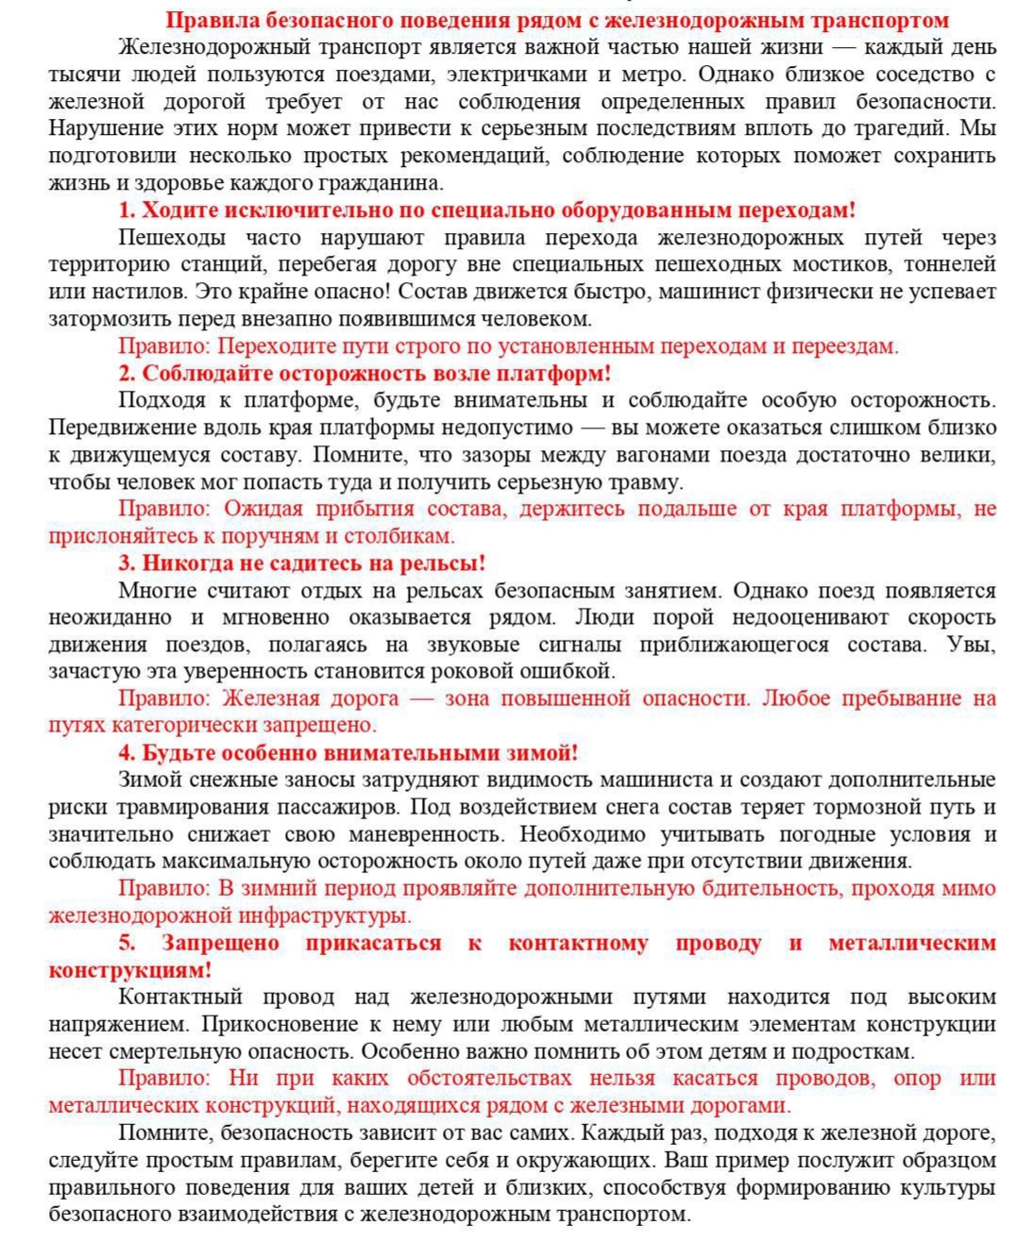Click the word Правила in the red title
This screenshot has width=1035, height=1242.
[x=211, y=20]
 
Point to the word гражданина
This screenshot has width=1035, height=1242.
[x=387, y=183]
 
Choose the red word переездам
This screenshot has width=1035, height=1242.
[x=842, y=346]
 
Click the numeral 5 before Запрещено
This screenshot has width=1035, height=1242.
[x=127, y=943]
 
